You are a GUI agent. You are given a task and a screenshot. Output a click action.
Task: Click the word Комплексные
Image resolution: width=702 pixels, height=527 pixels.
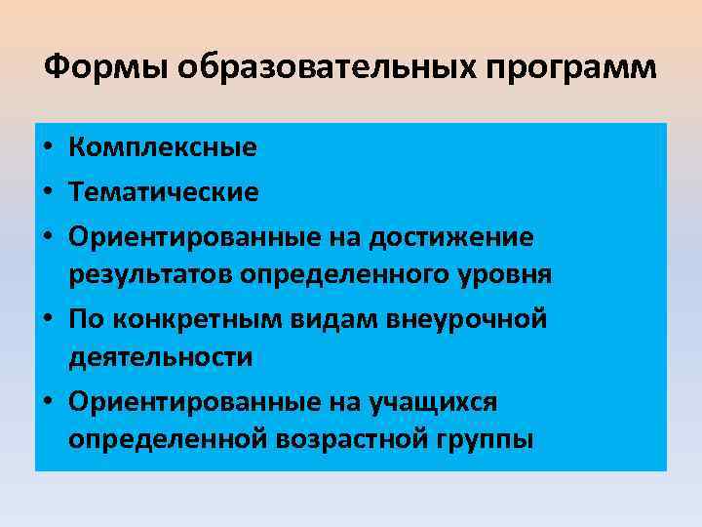point(163,148)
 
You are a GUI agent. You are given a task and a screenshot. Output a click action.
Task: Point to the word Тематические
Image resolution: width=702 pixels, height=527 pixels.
point(164,191)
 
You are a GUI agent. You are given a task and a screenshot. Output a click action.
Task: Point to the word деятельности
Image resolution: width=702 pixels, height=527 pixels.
point(161,358)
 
